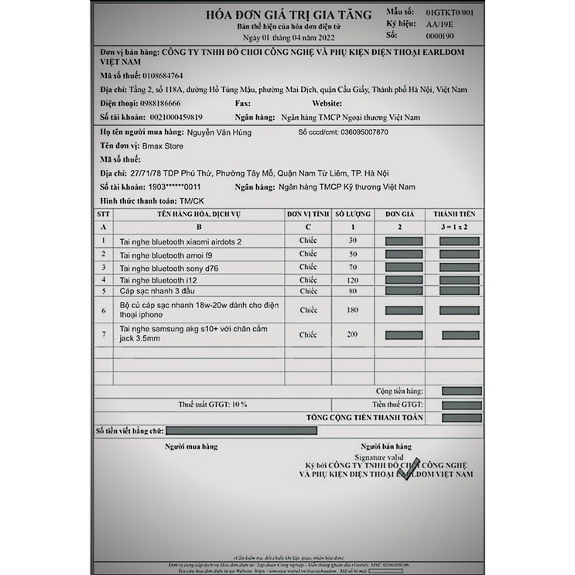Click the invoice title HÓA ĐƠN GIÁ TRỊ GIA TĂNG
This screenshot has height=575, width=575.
click(x=288, y=15)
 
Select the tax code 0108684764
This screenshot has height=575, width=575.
click(x=158, y=76)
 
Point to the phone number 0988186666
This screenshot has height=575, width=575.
click(x=156, y=103)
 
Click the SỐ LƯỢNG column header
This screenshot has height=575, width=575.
click(x=353, y=214)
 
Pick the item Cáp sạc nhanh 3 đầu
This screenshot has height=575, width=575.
click(x=159, y=292)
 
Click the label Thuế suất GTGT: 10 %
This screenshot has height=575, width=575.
click(x=213, y=404)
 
